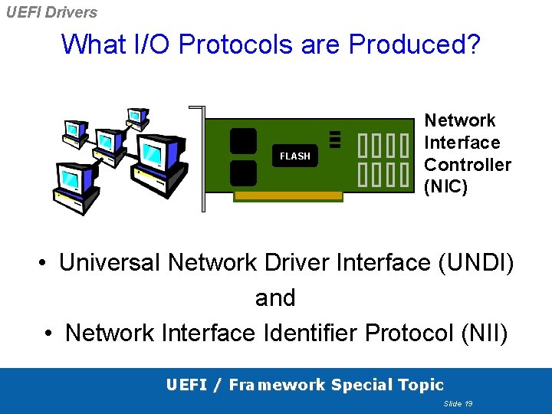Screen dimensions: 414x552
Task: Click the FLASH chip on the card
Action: pos(295,156)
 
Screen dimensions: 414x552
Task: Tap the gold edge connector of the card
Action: pos(288,196)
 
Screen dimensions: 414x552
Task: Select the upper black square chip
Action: pos(243,141)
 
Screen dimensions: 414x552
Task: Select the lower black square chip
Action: pos(243,172)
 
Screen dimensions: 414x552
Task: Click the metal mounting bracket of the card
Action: pos(202,157)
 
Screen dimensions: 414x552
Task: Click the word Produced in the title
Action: pos(415,44)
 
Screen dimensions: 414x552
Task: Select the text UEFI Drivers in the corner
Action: pos(51,12)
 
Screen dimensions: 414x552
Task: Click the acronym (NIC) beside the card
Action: pos(445,186)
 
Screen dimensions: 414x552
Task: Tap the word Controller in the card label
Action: pos(468,164)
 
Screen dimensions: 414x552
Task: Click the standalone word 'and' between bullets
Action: pos(275,297)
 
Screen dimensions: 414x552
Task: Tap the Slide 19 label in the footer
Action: pos(458,403)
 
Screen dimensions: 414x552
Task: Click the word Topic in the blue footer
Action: pos(419,385)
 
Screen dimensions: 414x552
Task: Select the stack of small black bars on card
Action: pos(334,138)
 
